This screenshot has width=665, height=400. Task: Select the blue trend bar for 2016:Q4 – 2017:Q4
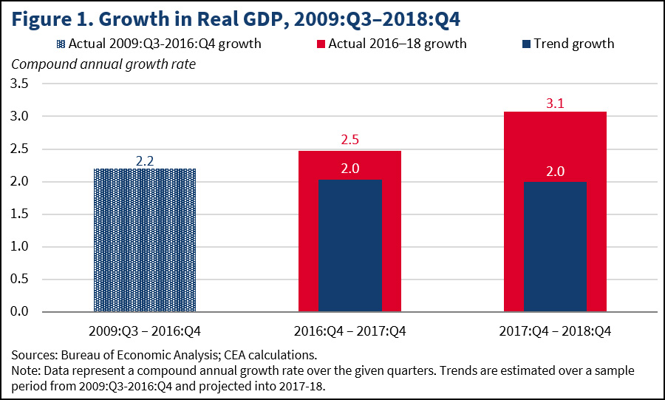click(x=350, y=245)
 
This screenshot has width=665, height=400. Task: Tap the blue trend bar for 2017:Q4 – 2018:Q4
click(x=556, y=246)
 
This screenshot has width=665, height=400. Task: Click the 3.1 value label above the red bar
click(x=556, y=104)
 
